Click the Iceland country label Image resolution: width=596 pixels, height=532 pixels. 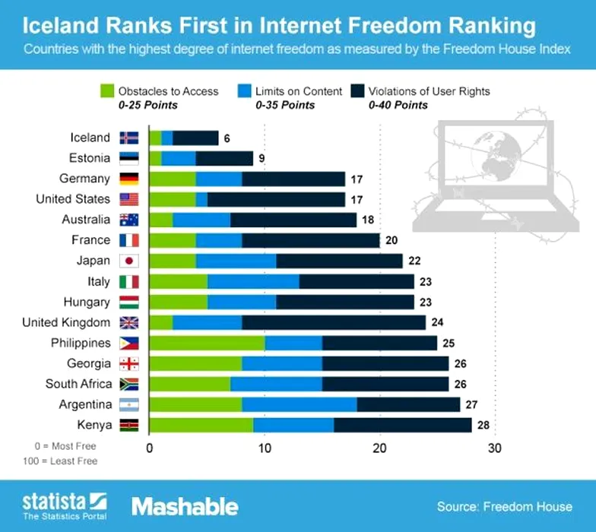pos(90,138)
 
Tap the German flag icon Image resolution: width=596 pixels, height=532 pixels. pos(129,179)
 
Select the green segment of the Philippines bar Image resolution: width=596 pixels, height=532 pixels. pos(207,343)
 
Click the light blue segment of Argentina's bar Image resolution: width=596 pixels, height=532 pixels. pos(300,404)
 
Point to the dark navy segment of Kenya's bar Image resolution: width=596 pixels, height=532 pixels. pos(402,425)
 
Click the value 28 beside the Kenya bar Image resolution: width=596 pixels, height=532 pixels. pos(483,425)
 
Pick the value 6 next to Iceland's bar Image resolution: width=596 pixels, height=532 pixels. pos(225,138)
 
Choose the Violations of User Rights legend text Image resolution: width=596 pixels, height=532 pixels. pos(429,91)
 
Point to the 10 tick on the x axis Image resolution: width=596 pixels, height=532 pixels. pos(265,448)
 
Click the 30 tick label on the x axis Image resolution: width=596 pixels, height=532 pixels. pos(495,448)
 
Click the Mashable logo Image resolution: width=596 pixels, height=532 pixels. pos(185,506)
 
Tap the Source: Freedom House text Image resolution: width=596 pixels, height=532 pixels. pos(505,506)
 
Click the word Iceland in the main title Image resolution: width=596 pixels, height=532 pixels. pos(58,26)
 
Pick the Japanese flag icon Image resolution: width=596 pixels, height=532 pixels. pos(129,261)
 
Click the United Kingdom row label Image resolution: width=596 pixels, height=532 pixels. pos(66,322)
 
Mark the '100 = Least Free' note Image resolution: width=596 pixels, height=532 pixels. pos(66,460)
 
